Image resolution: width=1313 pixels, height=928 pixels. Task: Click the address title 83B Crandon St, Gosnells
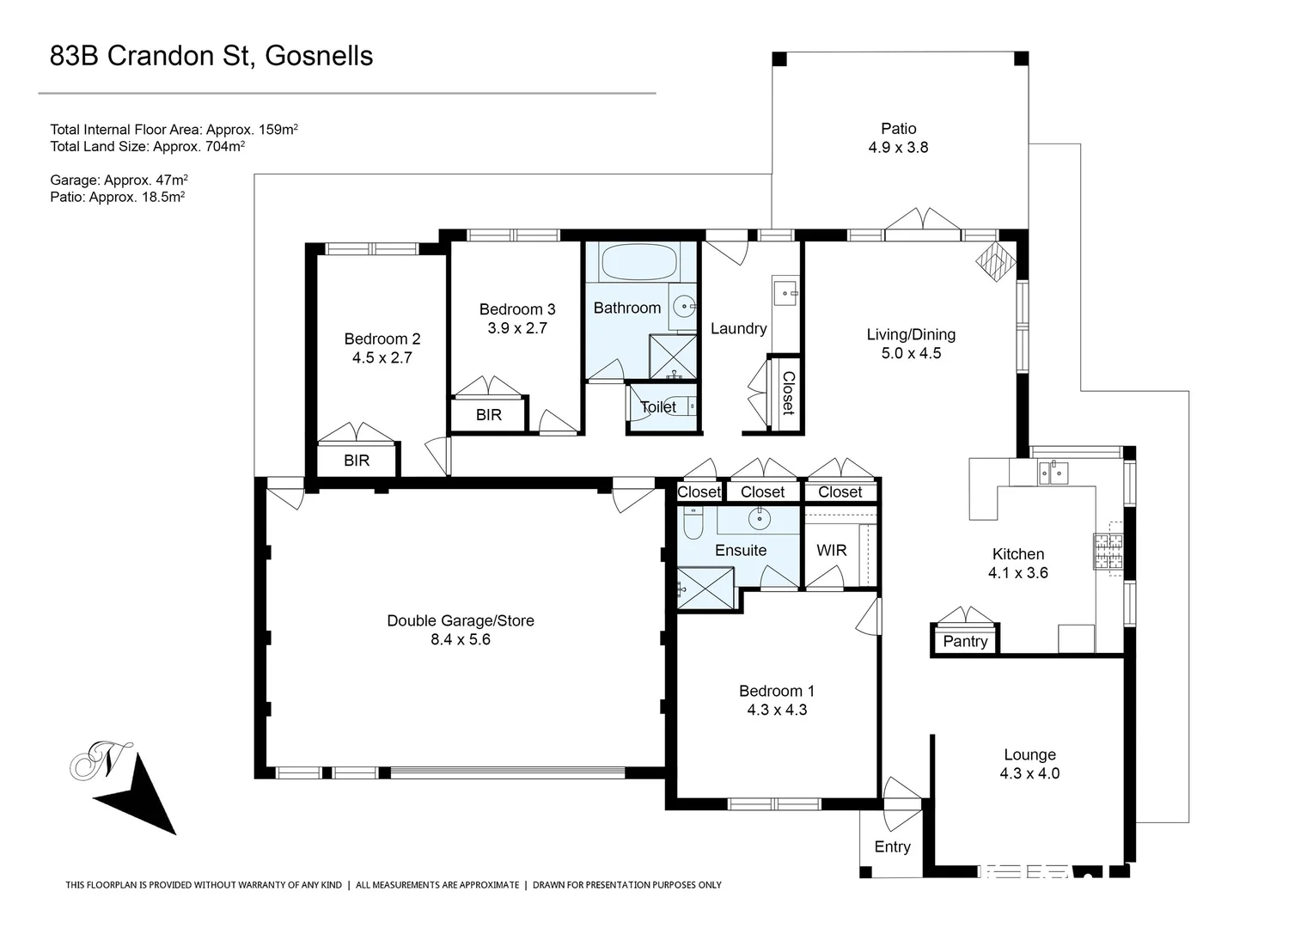pyautogui.click(x=211, y=56)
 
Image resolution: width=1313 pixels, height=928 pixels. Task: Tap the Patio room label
pyautogui.click(x=898, y=129)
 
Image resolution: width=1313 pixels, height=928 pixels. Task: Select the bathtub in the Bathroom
pyautogui.click(x=639, y=261)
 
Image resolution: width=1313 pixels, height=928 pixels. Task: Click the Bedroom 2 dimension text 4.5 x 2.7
pyautogui.click(x=382, y=357)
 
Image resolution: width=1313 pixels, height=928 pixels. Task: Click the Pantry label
pyautogui.click(x=965, y=641)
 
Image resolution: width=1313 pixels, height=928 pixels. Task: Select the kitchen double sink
pyautogui.click(x=1053, y=472)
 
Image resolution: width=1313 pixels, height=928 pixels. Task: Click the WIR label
pyautogui.click(x=831, y=550)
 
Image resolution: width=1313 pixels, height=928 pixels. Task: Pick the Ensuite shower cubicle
pyautogui.click(x=705, y=589)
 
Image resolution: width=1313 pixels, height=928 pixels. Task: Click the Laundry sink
pyautogui.click(x=785, y=293)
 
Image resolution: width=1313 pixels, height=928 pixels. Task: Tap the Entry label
pyautogui.click(x=892, y=846)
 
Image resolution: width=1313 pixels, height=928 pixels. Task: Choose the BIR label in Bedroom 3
pyautogui.click(x=488, y=415)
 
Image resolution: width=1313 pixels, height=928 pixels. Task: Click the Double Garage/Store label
pyautogui.click(x=460, y=620)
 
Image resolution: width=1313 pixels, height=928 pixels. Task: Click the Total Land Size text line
pyautogui.click(x=147, y=146)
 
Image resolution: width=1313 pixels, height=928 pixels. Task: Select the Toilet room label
pyautogui.click(x=658, y=406)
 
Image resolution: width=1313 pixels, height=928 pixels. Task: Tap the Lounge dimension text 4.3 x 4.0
pyautogui.click(x=1029, y=773)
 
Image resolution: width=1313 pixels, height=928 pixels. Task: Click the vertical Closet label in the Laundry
pyautogui.click(x=787, y=393)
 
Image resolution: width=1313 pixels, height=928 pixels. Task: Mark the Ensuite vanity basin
pyautogui.click(x=759, y=518)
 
